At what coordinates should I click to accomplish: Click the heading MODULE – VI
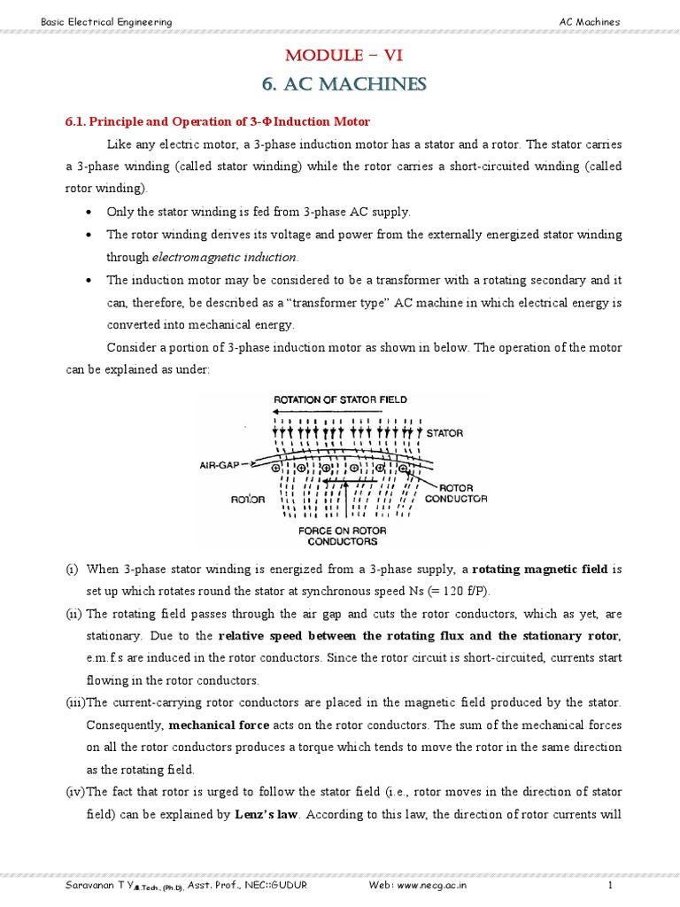coord(344,57)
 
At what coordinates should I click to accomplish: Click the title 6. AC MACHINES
coord(344,84)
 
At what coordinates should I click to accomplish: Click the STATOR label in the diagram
coord(444,433)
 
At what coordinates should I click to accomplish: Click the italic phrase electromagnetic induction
coord(225,257)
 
